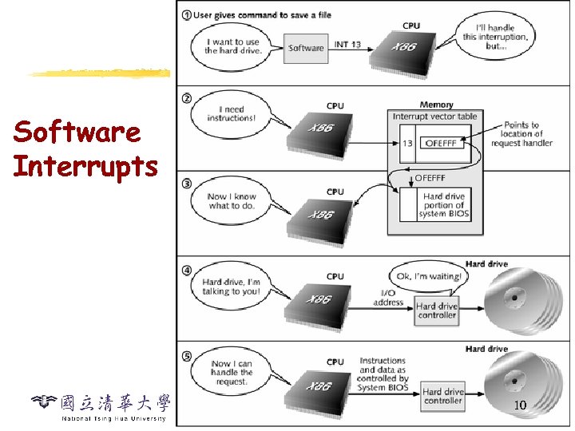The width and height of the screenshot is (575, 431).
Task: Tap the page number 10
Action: pyautogui.click(x=519, y=405)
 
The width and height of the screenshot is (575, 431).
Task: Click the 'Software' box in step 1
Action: pyautogui.click(x=306, y=48)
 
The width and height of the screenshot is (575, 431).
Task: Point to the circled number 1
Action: pyautogui.click(x=185, y=16)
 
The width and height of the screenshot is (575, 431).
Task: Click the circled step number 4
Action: pyautogui.click(x=185, y=269)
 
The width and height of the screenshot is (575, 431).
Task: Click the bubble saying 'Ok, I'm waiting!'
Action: pyautogui.click(x=428, y=276)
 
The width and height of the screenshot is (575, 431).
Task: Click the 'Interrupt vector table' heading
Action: pyautogui.click(x=434, y=117)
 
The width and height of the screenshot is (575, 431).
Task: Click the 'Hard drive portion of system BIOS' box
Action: pyautogui.click(x=444, y=205)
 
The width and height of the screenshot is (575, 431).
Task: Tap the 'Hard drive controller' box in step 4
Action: pyautogui.click(x=437, y=310)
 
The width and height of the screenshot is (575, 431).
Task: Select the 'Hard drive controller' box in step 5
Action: pyautogui.click(x=442, y=396)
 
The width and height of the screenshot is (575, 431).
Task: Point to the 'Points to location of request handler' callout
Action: pyautogui.click(x=521, y=134)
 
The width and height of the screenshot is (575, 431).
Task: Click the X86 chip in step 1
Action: pyautogui.click(x=405, y=49)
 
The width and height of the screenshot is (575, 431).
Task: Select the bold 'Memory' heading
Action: pyautogui.click(x=436, y=105)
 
